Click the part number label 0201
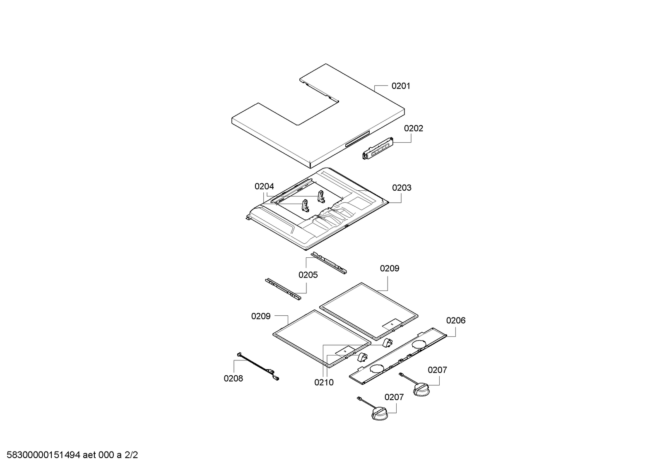(x=401, y=86)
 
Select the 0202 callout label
(x=414, y=128)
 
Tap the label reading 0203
(x=402, y=188)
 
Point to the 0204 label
(x=264, y=187)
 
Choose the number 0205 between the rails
(x=308, y=275)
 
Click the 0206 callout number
(x=455, y=321)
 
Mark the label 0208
(x=234, y=378)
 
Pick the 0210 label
(x=324, y=382)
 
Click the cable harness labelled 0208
(x=257, y=366)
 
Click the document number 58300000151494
(x=41, y=456)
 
